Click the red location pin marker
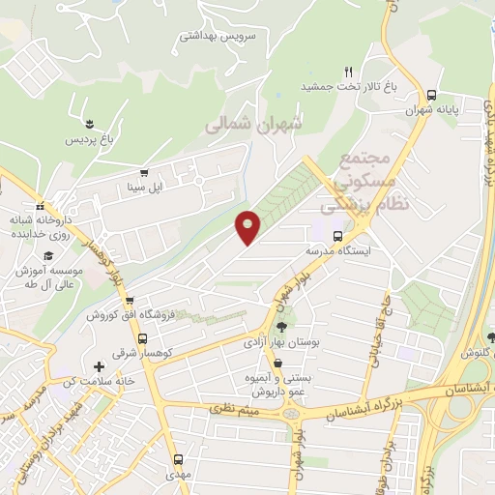point(248,226)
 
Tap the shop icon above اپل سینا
point(144,172)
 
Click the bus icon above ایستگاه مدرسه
point(336,235)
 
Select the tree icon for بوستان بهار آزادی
point(282,327)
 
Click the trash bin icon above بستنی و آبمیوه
point(278,364)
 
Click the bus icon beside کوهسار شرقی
point(143,338)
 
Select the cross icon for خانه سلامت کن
point(99,366)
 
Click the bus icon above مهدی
point(177,460)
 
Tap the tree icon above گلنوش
point(492,336)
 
